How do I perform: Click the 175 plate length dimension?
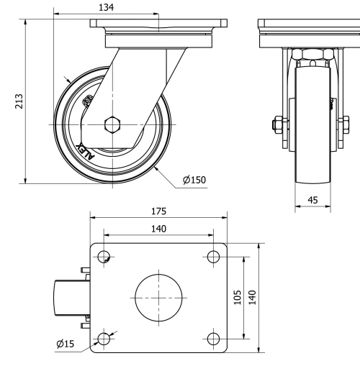click(x=159, y=211)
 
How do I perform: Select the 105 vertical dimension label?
click(x=238, y=297)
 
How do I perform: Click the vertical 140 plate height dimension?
click(x=253, y=297)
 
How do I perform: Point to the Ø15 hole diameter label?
click(x=66, y=344)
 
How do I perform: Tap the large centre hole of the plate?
click(x=159, y=297)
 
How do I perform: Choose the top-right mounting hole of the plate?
click(x=212, y=257)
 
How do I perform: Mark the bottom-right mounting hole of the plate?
click(x=212, y=337)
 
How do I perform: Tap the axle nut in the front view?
click(x=277, y=129)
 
